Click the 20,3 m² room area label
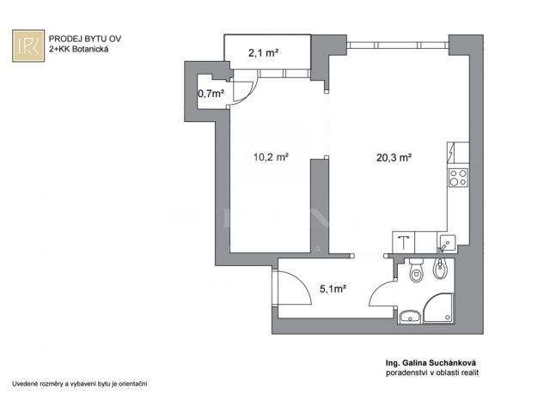click(394, 158)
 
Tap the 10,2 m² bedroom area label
click(271, 156)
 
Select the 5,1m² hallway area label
click(333, 288)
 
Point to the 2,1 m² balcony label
click(264, 53)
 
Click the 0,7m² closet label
click(211, 94)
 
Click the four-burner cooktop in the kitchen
click(458, 178)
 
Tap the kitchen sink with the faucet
click(447, 243)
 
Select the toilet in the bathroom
click(416, 270)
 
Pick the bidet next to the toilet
click(439, 268)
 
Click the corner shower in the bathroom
click(438, 308)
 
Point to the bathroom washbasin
click(410, 317)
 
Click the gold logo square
click(28, 45)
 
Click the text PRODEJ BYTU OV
click(85, 39)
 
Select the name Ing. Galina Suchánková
click(431, 363)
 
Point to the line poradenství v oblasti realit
click(432, 373)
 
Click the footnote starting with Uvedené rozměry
click(80, 384)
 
